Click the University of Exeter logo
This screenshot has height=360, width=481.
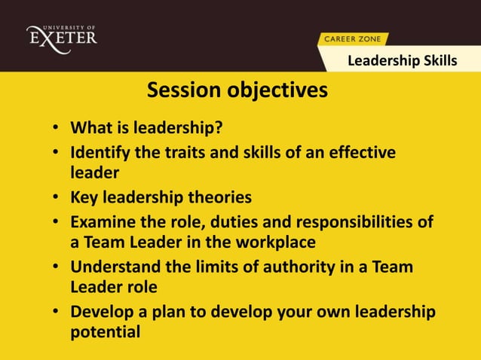[x=61, y=35]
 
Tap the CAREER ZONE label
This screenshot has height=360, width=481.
[x=352, y=38]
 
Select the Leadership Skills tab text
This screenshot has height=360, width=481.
[x=401, y=60]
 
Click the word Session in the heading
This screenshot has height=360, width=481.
[x=182, y=90]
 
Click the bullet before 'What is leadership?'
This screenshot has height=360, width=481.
[x=57, y=126]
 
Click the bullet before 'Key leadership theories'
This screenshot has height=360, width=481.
[x=57, y=198]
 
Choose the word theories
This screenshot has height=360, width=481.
[x=222, y=197]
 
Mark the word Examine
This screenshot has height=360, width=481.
[x=100, y=222]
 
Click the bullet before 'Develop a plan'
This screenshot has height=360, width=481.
[x=57, y=313]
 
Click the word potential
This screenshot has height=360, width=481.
[x=105, y=332]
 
